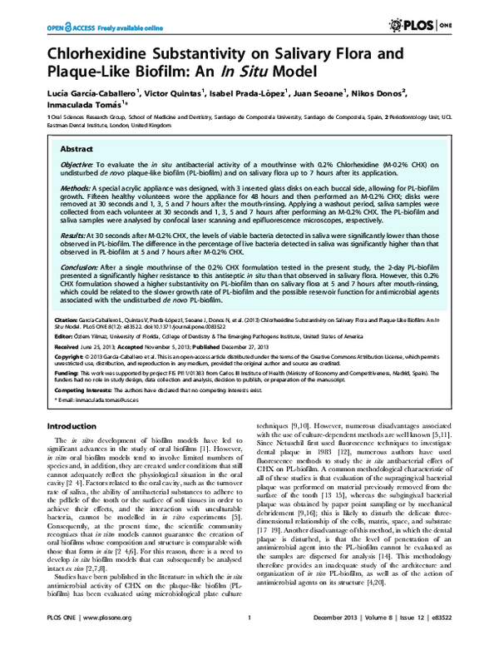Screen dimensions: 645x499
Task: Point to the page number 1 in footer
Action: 249,629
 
